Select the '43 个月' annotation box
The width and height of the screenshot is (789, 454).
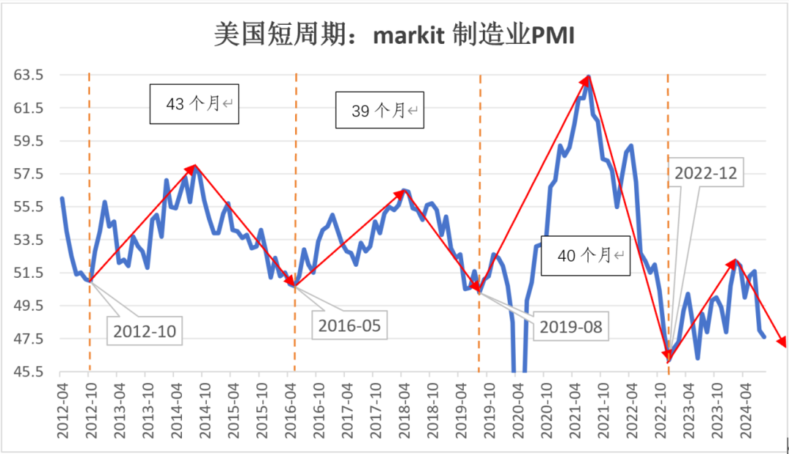click(x=194, y=105)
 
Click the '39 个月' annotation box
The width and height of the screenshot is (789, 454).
click(x=380, y=110)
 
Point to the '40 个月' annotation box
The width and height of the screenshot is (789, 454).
click(x=586, y=256)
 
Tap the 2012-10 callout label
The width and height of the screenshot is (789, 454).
click(x=145, y=331)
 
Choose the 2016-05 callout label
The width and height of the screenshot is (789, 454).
click(x=349, y=324)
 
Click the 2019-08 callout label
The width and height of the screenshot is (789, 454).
click(x=571, y=327)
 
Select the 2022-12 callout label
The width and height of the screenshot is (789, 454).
click(x=706, y=173)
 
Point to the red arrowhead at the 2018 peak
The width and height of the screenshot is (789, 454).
click(x=401, y=194)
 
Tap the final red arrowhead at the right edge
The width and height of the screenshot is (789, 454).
click(x=782, y=342)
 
